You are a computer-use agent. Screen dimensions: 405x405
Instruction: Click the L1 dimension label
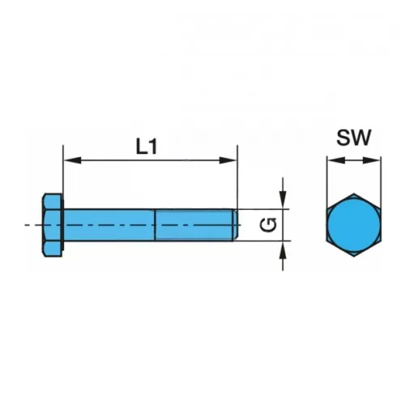pos(147,147)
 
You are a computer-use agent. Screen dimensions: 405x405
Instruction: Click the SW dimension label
pos(354,138)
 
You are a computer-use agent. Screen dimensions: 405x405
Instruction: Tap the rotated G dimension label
pos(268,224)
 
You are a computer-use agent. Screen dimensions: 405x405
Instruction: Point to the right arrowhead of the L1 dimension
pos(228,160)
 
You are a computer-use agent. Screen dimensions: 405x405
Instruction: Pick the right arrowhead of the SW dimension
pos(371,160)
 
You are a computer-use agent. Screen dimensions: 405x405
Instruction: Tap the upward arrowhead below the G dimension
pos(283,249)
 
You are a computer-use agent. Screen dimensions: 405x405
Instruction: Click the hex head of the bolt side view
pos(52,225)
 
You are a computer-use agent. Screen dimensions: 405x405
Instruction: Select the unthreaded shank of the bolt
pos(109,224)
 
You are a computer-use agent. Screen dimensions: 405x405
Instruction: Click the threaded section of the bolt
pos(194,224)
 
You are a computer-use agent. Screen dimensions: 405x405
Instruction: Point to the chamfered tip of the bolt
pos(236,224)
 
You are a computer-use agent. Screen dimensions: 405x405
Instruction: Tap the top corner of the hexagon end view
pos(354,194)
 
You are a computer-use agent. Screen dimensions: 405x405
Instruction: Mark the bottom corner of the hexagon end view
pos(354,257)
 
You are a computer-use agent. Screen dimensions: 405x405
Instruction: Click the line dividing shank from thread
pos(156,224)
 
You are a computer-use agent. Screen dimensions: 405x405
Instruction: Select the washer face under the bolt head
pos(63,225)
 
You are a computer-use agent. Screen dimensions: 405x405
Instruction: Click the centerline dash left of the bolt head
pos(27,224)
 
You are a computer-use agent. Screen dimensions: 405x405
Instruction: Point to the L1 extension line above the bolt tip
pos(237,177)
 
